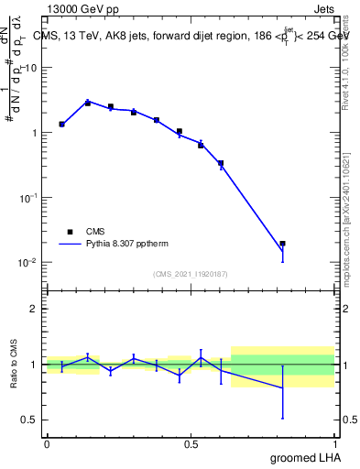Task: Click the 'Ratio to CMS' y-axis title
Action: click(x=14, y=364)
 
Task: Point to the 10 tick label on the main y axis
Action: click(x=32, y=68)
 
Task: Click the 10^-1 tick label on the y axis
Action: click(x=30, y=198)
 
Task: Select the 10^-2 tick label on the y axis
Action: click(x=30, y=263)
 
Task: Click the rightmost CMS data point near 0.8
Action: click(x=282, y=244)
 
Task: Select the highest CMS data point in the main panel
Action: click(x=88, y=103)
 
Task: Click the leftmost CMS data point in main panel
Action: click(x=61, y=124)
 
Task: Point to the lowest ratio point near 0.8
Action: click(x=282, y=388)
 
